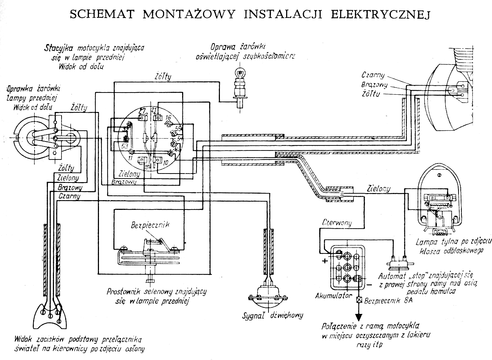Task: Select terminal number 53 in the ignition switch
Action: point(125,146)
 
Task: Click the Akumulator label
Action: point(333,296)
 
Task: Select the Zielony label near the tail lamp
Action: point(378,189)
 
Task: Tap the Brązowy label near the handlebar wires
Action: point(70,188)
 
